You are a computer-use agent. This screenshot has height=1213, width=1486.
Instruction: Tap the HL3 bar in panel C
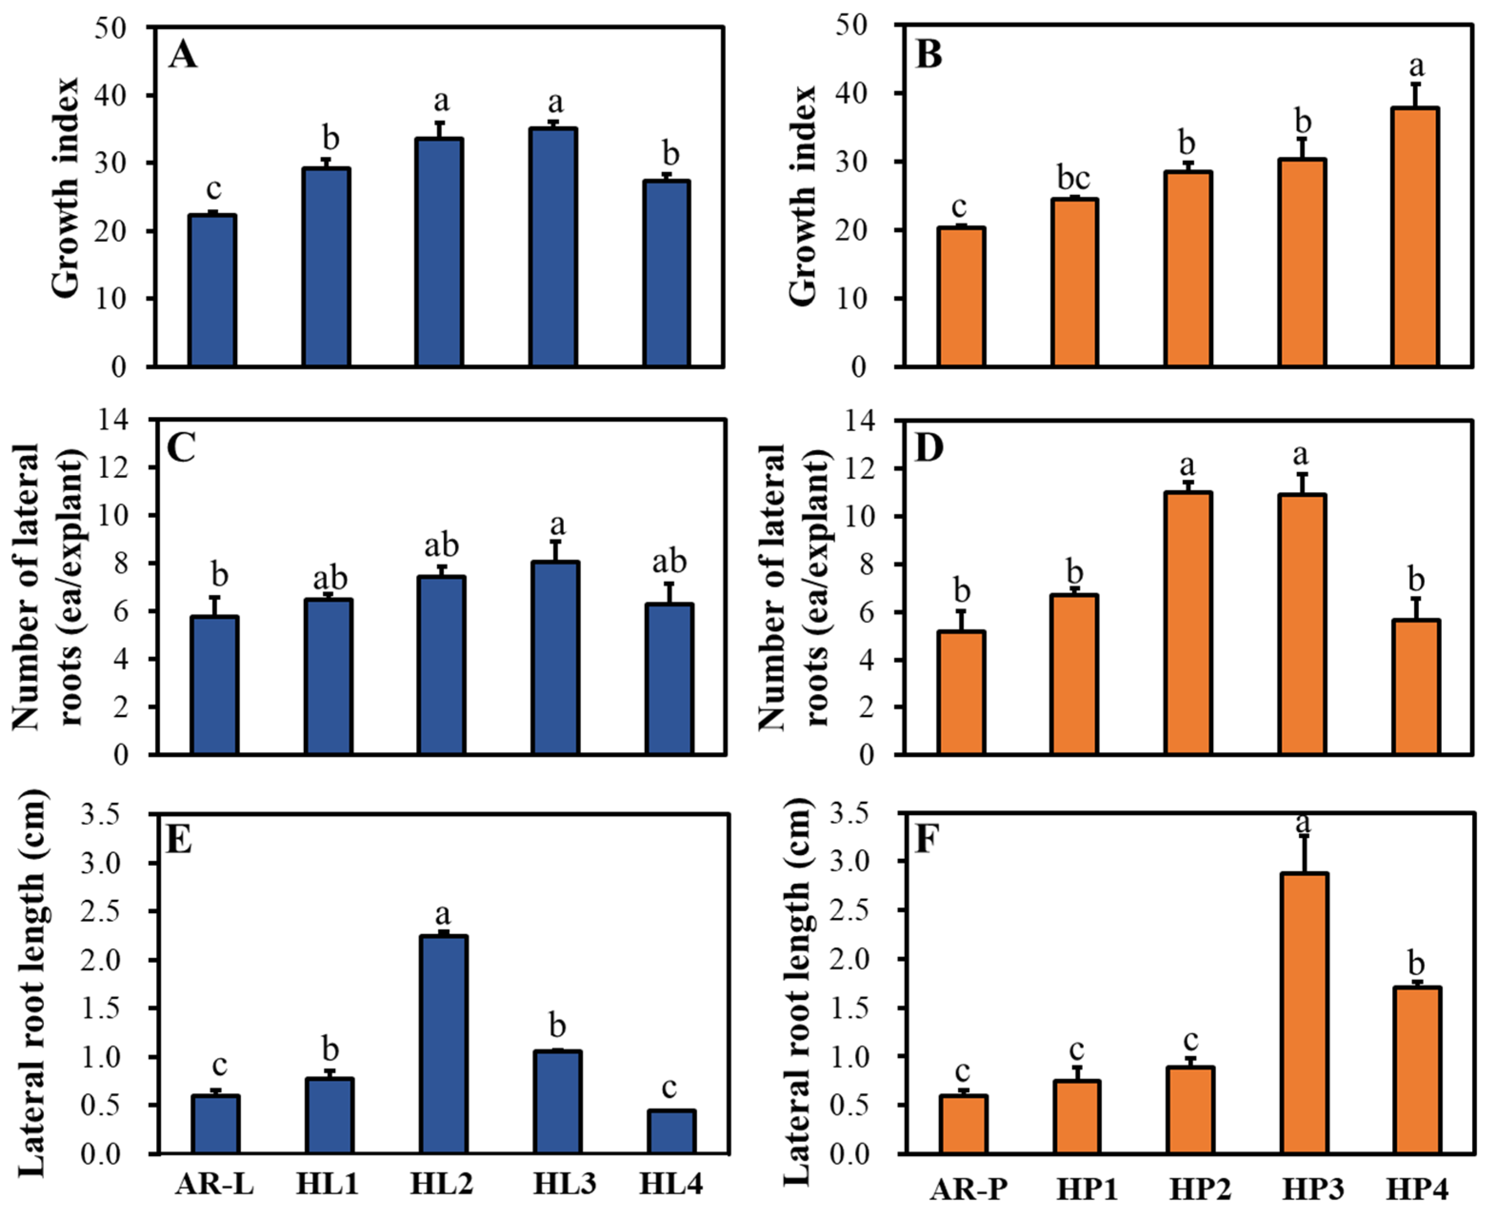555,658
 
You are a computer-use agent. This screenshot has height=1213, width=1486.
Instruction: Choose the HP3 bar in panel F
1304,1014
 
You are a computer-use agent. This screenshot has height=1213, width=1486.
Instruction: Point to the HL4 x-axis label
671,1184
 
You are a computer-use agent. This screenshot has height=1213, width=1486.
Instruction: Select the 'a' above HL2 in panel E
443,915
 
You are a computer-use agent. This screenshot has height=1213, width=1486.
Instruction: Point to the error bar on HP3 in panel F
1304,854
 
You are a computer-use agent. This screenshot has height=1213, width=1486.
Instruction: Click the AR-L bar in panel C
215,685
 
